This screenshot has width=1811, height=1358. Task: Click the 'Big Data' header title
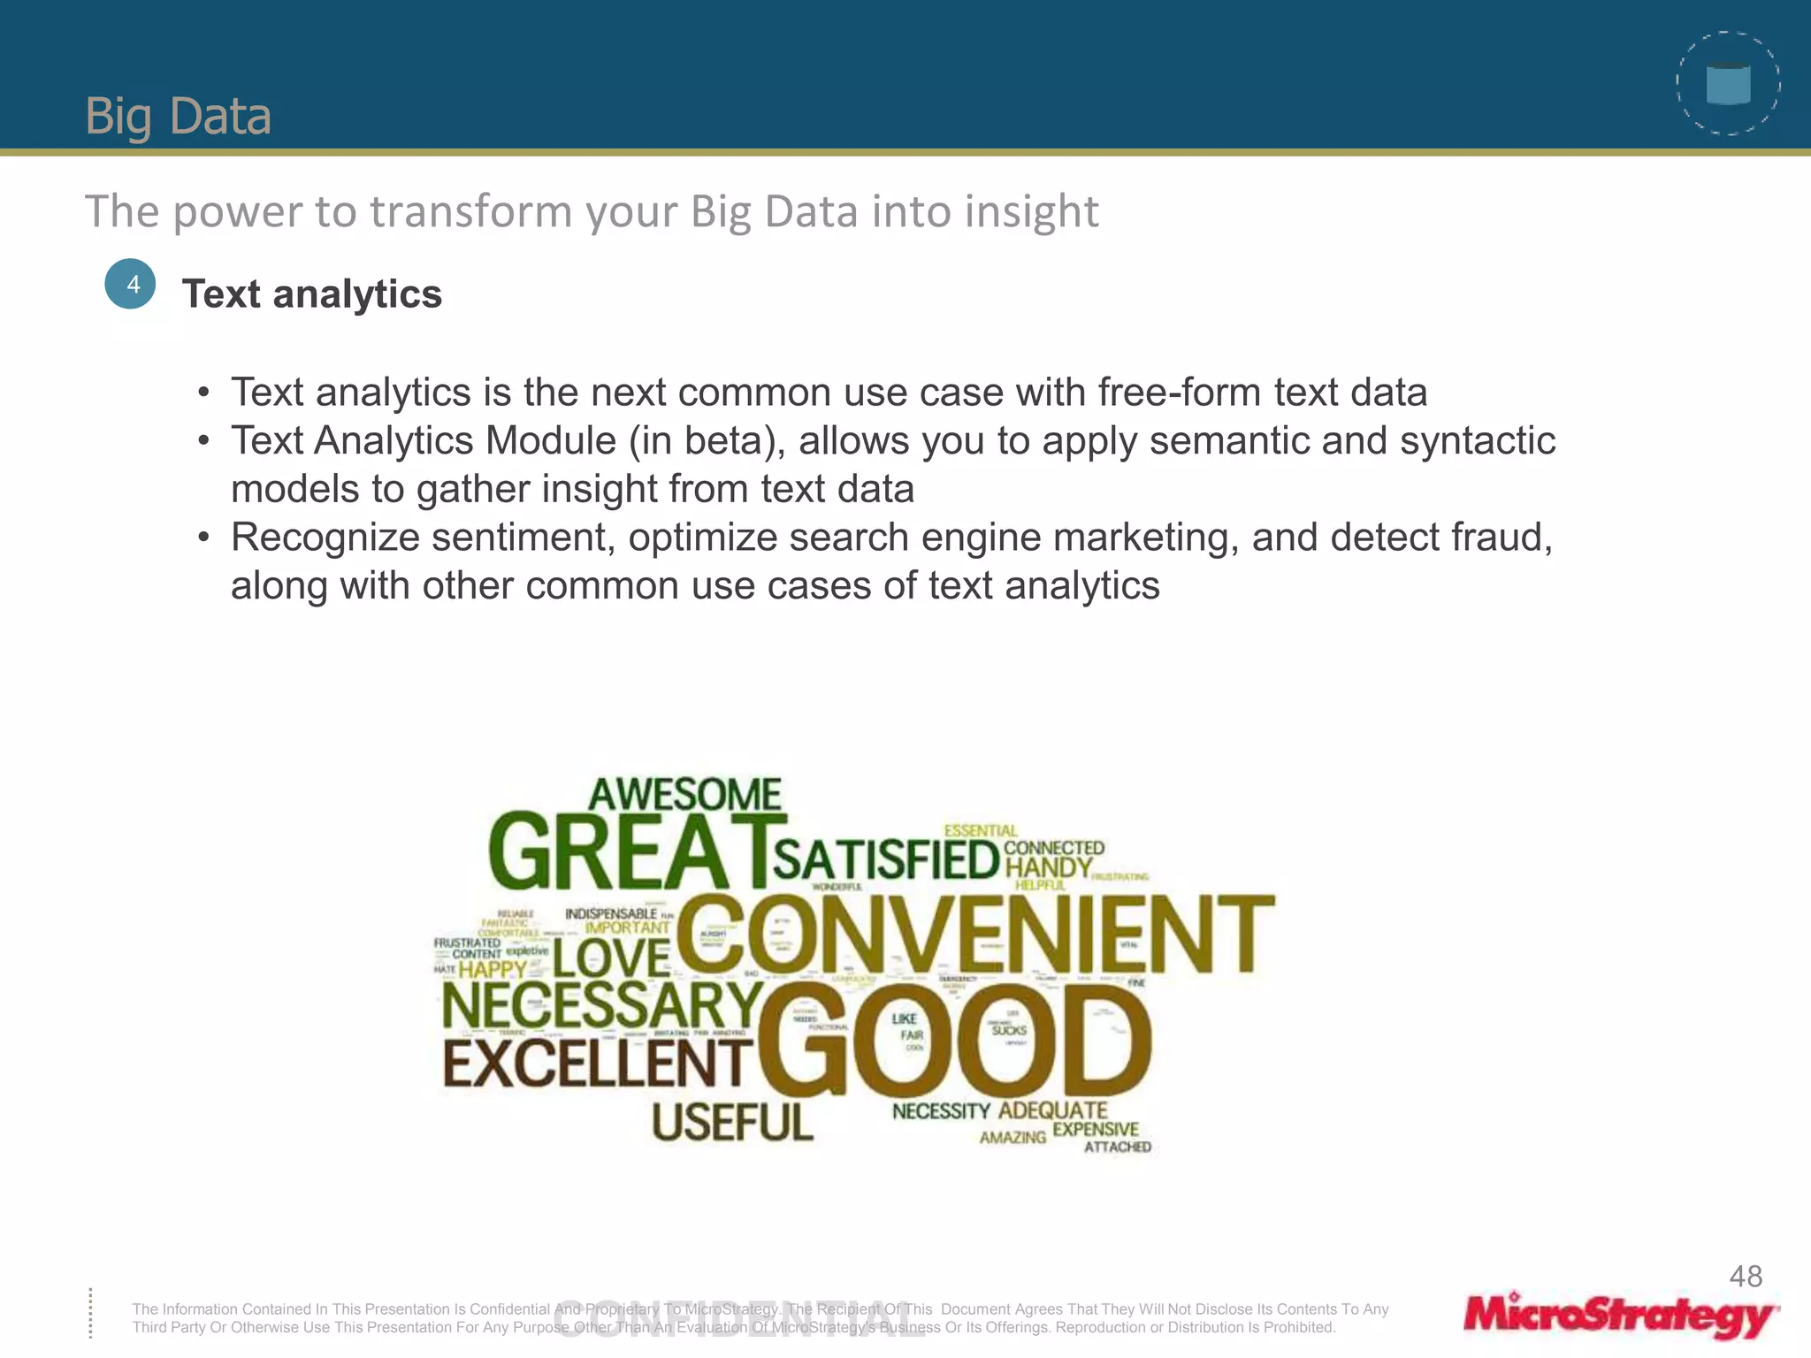pos(178,116)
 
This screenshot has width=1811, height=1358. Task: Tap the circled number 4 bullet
pos(130,284)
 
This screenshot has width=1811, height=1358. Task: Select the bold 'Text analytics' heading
pos(311,294)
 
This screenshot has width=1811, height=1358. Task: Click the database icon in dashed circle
pos(1728,84)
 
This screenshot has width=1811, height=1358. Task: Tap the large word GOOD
pos(955,1041)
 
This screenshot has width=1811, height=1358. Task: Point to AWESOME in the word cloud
pos(685,794)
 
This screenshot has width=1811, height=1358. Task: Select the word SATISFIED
pos(886,860)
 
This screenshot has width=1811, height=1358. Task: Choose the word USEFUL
pos(732,1123)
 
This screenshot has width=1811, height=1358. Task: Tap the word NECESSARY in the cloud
pos(601,1006)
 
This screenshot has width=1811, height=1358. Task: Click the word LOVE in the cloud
pos(612,958)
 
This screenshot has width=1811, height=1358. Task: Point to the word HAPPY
pos(493,969)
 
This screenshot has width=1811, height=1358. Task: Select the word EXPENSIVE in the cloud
pos(1095,1129)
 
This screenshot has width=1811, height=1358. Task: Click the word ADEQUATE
pos(1052,1110)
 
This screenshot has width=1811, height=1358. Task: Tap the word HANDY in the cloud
pos(1049,867)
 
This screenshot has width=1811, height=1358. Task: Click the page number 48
pos(1746,1276)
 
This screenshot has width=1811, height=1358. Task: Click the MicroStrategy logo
pos(1620,1316)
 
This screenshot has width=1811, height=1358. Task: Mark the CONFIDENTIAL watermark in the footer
pos(739,1319)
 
